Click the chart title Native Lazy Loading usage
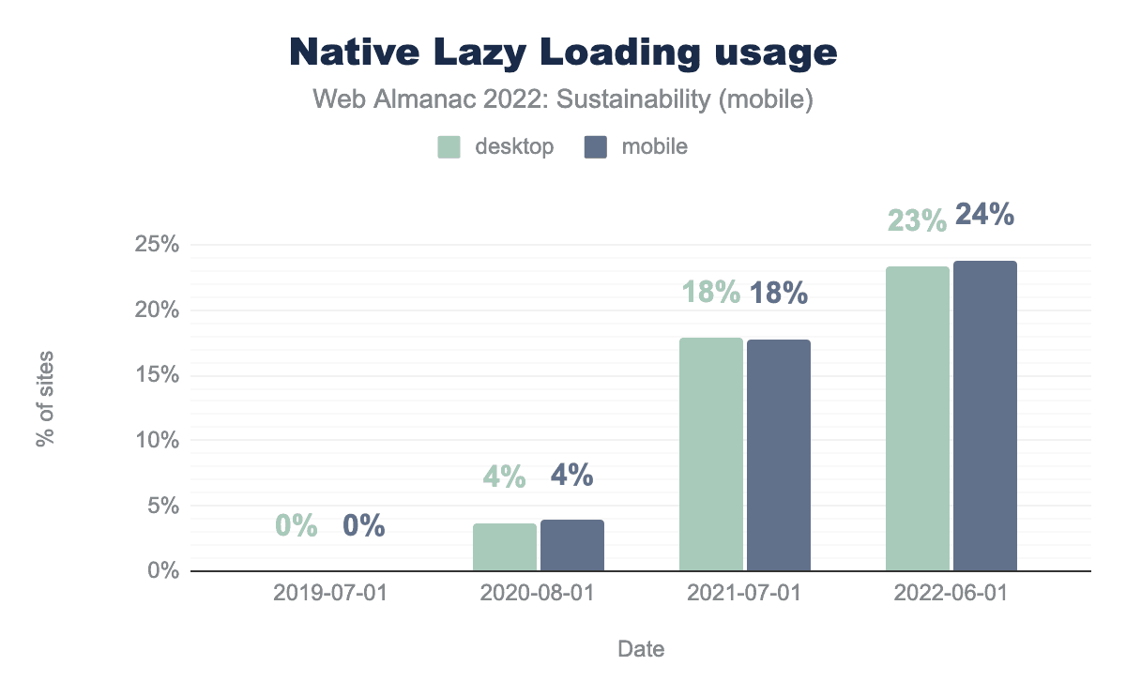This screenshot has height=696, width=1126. point(563,53)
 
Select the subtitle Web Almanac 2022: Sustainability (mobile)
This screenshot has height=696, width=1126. point(563,100)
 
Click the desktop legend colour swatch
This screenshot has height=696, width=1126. point(449,147)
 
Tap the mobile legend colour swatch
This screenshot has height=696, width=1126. point(596,147)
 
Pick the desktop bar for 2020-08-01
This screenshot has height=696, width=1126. point(505,547)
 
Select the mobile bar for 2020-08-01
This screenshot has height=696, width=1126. point(572,545)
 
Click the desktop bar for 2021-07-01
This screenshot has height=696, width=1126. point(711,454)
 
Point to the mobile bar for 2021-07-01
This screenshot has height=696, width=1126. point(779,455)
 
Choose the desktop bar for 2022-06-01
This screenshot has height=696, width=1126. point(918,418)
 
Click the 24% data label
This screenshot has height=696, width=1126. point(984,215)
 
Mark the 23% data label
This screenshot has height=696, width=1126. point(917,219)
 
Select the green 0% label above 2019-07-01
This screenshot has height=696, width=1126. point(297,526)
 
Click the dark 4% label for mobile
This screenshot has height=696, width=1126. point(571,475)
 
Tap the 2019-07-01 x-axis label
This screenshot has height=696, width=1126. point(331,594)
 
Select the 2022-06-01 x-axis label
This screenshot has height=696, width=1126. point(951,594)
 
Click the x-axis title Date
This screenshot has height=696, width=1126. point(641,649)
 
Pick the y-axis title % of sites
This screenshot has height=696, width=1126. point(45,399)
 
